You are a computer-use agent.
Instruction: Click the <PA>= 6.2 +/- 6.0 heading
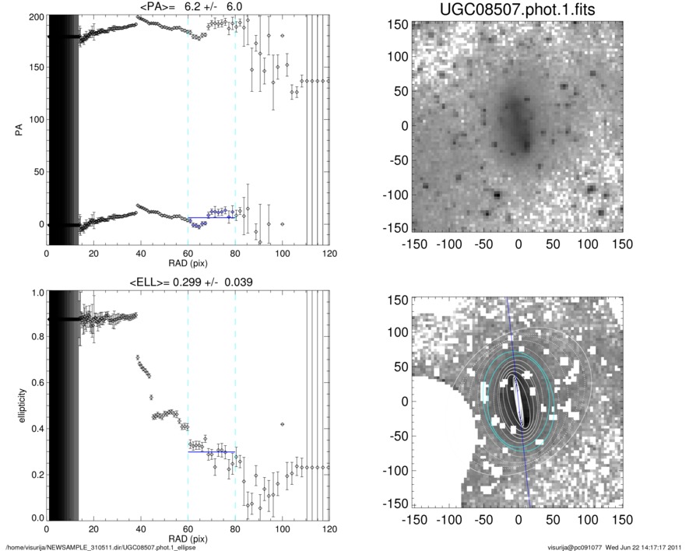coord(188,7)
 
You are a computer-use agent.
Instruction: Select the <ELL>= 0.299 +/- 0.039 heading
coord(188,282)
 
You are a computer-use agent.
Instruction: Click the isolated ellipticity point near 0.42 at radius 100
coord(282,424)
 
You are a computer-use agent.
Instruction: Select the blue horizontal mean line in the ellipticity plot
coord(211,451)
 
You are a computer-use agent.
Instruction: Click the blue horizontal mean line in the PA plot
coord(211,217)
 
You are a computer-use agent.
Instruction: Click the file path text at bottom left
coord(100,546)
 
